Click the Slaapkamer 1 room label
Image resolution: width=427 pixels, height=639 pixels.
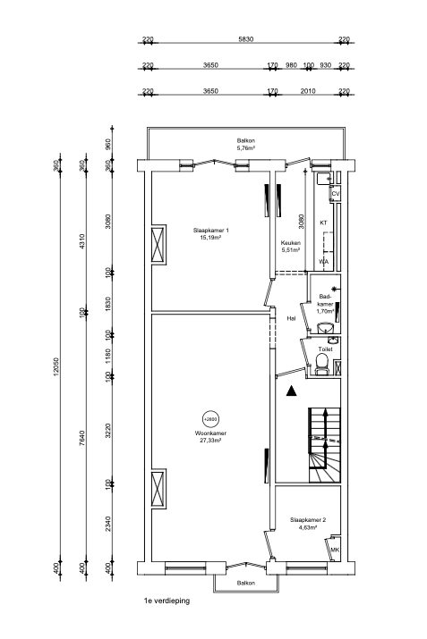point(212,234)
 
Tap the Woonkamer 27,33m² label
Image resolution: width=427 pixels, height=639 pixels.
point(211,437)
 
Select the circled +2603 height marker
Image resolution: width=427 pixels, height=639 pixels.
point(211,418)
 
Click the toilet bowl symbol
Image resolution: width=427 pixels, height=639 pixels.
point(320,363)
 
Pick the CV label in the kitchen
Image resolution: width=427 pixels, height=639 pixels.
point(335,194)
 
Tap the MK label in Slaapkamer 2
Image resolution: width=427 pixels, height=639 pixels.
point(335,550)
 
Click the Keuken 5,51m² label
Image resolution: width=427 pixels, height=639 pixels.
point(290,246)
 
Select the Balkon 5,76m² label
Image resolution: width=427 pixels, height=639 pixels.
point(246,145)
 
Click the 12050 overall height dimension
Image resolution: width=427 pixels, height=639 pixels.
point(56,366)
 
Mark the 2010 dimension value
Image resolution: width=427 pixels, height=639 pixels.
point(309,90)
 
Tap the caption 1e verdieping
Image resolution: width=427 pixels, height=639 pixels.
point(166,601)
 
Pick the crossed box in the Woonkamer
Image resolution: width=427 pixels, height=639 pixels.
point(159,488)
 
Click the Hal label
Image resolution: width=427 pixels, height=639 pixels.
point(291,317)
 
